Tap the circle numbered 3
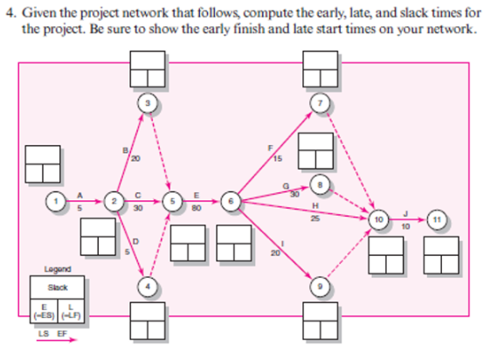(148, 103)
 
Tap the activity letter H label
(314, 204)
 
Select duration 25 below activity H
(314, 218)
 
